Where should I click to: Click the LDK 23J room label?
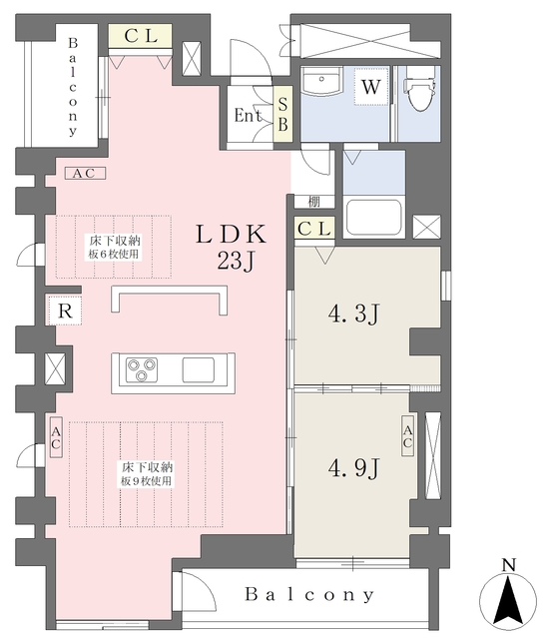pos(232,247)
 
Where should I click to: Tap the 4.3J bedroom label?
pos(354,314)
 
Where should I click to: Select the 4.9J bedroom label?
pos(354,467)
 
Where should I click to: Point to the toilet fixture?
pos(419,93)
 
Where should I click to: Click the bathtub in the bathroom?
pos(373,218)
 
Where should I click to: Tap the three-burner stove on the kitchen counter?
pos(142,369)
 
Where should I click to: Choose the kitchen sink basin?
pos(199,369)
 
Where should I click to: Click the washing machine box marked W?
pos(370,87)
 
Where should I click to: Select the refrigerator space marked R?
pos(65,311)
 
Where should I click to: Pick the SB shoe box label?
pos(282,114)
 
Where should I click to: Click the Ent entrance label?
pos(248,116)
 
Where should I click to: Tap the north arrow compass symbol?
pos(508,596)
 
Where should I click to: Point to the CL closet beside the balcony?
pos(140,36)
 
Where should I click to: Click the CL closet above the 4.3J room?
pos(314,229)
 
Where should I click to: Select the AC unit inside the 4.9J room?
pos(407,436)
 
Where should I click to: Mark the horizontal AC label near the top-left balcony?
pos(85,173)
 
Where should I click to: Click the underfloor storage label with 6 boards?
pos(115,247)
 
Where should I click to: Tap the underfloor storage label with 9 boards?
pos(147,474)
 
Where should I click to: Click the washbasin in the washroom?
pos(321,81)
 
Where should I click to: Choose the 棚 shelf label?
pos(313,202)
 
